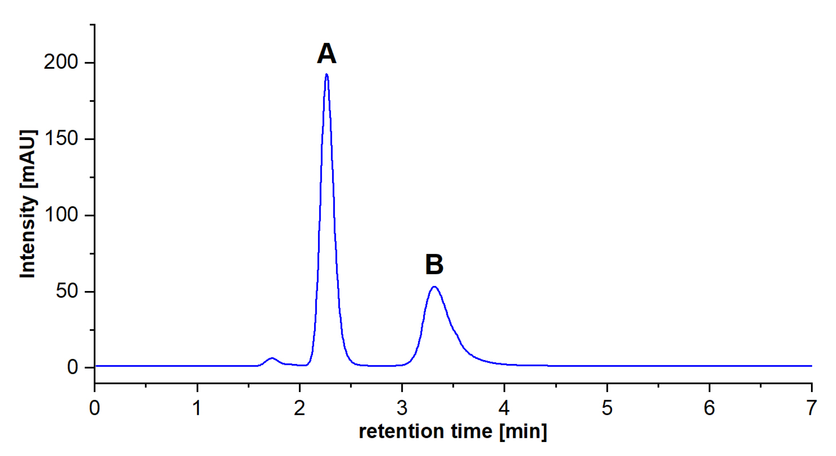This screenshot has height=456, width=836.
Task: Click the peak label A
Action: coord(326,54)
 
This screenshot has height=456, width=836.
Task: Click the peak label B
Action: coord(434,265)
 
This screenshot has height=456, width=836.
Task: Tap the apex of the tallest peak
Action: coord(327,75)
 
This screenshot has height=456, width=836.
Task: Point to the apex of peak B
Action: coord(434,287)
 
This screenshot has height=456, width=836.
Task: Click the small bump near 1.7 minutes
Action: coord(272,358)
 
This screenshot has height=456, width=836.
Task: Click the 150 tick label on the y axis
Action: coord(61,139)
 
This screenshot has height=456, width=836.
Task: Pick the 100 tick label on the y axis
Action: coord(61,215)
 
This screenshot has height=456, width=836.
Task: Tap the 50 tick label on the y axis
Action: coord(67,291)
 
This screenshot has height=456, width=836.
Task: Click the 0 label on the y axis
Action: coord(72,367)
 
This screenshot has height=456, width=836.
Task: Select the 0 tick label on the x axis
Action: coord(95,408)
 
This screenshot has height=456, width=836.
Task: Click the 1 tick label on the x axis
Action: coord(197,408)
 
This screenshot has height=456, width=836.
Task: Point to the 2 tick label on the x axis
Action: coord(299,408)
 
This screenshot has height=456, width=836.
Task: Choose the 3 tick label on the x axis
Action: coord(402,408)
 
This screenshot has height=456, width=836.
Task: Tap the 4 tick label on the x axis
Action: coord(504,408)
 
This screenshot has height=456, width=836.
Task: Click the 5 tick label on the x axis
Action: coord(607,408)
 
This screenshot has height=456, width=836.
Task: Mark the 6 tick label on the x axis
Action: coord(709,408)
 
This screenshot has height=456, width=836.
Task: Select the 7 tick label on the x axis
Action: coord(811,408)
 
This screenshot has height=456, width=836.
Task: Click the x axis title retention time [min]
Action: coord(453,431)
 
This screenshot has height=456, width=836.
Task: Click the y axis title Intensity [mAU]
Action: coord(28,204)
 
